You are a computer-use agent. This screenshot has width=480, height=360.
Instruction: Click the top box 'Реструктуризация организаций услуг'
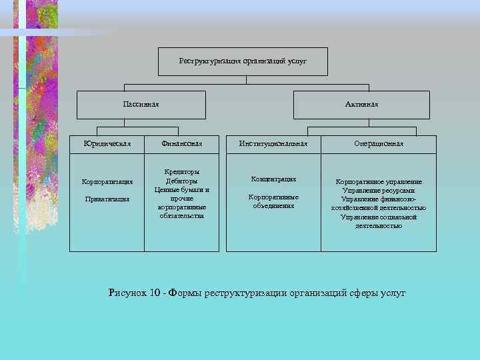click(x=243, y=61)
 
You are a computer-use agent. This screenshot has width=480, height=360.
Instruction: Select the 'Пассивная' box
click(x=141, y=105)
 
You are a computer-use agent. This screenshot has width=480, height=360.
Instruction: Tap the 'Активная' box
click(x=361, y=105)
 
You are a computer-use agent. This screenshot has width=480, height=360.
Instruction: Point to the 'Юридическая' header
click(x=107, y=143)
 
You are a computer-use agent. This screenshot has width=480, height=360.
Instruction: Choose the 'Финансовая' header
click(x=181, y=143)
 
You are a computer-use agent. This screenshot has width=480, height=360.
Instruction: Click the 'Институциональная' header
click(x=273, y=143)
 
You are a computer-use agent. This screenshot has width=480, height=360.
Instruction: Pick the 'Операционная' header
click(x=379, y=143)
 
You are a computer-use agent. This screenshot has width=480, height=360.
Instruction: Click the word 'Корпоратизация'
click(x=107, y=182)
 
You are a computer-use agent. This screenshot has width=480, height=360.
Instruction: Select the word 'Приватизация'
click(x=107, y=199)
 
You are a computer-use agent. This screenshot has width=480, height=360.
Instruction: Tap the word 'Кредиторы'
click(x=181, y=172)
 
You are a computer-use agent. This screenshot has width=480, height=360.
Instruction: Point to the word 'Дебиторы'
click(x=181, y=181)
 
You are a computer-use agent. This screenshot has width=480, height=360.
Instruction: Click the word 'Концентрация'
click(x=273, y=179)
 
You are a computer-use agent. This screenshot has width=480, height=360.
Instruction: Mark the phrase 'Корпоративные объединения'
click(x=273, y=201)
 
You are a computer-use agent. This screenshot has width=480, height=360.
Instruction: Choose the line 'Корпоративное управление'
click(x=379, y=182)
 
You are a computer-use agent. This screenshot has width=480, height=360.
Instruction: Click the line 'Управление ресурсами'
click(x=379, y=191)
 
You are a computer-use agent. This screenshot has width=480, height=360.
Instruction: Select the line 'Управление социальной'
click(x=379, y=217)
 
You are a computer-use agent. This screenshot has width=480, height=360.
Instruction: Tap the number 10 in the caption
click(x=156, y=293)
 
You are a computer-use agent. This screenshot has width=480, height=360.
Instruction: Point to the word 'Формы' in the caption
click(x=186, y=293)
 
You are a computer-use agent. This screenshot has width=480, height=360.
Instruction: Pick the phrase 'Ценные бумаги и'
click(x=181, y=189)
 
